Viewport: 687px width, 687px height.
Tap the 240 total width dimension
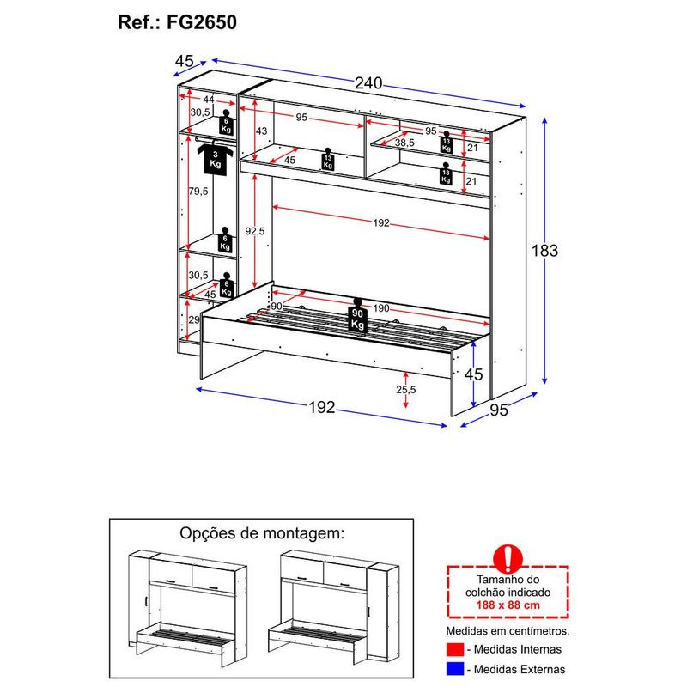[368, 83]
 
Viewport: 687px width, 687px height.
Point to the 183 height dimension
[544, 251]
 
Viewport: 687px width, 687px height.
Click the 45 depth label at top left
[184, 61]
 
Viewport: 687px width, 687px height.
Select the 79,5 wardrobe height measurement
[198, 191]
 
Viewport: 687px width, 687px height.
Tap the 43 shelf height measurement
[262, 131]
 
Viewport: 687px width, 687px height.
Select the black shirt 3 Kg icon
[213, 157]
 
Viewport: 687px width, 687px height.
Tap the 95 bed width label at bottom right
[499, 410]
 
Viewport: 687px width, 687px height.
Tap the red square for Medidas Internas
[454, 650]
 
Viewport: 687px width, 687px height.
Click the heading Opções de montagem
[261, 533]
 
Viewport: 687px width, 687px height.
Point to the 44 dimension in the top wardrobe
[208, 100]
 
